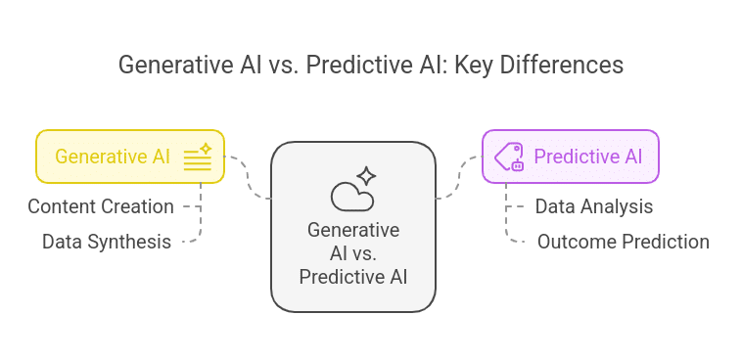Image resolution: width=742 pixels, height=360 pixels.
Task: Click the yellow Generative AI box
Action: [129, 157]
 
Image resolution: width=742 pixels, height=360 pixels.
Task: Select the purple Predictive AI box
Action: [570, 157]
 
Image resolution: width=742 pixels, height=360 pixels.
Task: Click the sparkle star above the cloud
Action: [366, 176]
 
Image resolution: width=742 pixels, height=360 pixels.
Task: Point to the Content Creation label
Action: [101, 206]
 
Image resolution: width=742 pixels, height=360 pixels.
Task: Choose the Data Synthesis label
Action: [107, 241]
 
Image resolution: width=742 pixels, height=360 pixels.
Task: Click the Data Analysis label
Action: [593, 206]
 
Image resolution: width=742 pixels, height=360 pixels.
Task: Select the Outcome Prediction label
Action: [623, 241]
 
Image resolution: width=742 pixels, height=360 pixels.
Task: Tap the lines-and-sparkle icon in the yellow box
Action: [199, 157]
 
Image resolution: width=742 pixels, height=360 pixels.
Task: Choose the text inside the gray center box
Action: [352, 252]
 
